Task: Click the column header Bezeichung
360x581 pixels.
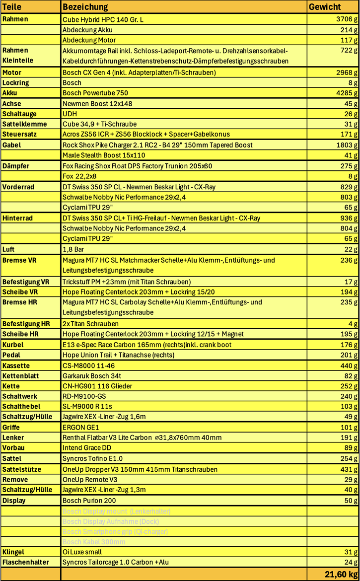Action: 85,7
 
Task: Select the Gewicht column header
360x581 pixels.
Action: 325,7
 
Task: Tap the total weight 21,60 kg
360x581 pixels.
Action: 341,574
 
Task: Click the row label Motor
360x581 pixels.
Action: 12,73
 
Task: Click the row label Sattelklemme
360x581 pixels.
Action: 24,124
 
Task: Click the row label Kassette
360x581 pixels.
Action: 16,365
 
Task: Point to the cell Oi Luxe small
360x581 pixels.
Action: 82,552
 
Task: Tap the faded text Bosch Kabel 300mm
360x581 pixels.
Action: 94,542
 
